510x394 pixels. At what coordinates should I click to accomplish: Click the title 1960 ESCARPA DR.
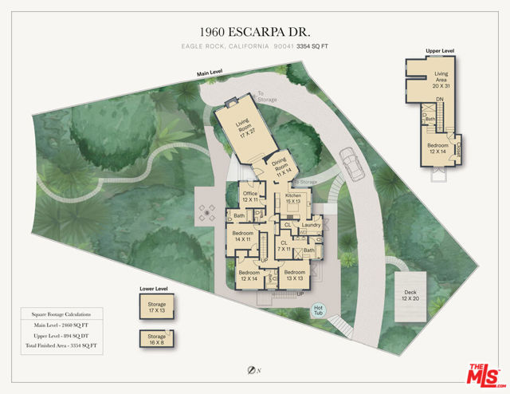tap(254, 32)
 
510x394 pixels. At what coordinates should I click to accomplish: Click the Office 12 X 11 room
tap(251, 196)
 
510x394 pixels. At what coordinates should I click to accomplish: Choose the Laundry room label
tap(310, 225)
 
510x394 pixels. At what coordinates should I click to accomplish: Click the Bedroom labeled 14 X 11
tap(242, 237)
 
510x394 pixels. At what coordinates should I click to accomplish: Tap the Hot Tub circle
tap(318, 310)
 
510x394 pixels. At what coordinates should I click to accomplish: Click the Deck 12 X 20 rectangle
tap(410, 295)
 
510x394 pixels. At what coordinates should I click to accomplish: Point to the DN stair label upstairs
tap(439, 100)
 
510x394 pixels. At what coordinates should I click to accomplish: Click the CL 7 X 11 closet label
tap(284, 246)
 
